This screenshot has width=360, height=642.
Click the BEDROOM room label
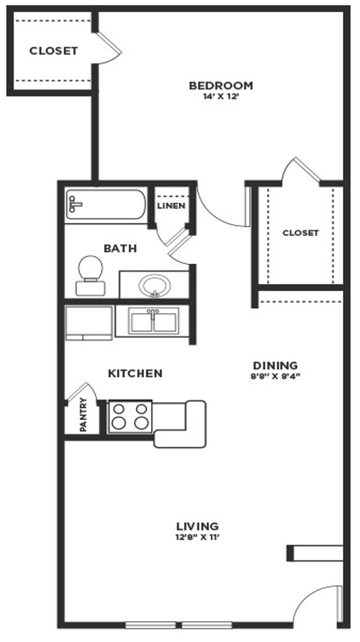tap(221, 86)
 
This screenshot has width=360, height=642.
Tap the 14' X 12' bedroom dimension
tap(221, 97)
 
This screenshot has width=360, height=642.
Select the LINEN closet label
tap(171, 206)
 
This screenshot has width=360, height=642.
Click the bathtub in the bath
tap(106, 204)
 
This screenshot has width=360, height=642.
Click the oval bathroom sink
tap(154, 286)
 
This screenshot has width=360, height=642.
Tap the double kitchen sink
tap(153, 322)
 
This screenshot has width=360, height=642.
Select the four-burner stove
tap(130, 416)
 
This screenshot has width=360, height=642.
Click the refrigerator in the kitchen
tap(89, 323)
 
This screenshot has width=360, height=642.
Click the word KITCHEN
tap(135, 374)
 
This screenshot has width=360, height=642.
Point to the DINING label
tap(275, 365)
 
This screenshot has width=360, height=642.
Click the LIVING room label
tap(198, 526)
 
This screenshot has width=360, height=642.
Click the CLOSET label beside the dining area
tap(300, 233)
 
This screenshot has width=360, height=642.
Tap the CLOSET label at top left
tap(53, 51)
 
